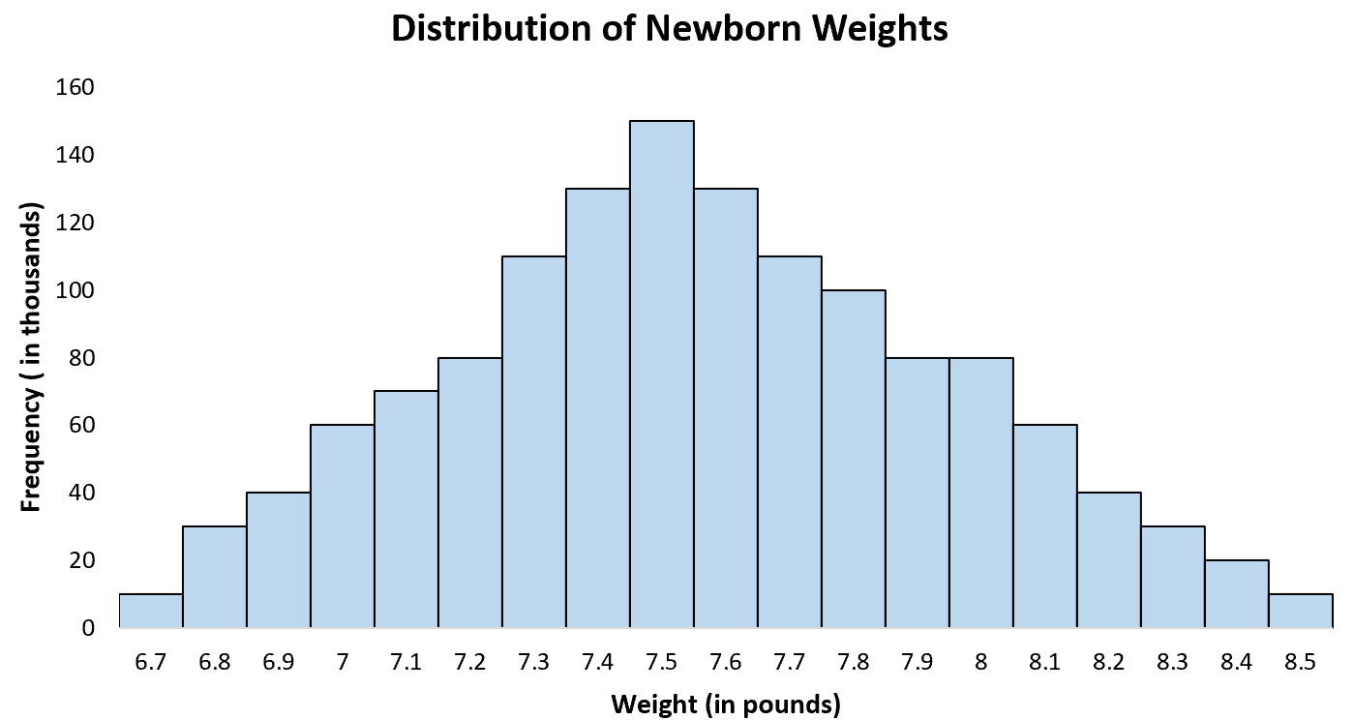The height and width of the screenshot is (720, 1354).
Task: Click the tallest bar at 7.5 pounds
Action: [662, 375]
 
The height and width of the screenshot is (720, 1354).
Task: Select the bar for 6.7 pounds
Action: [151, 611]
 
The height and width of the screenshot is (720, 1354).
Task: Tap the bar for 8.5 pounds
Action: [1300, 611]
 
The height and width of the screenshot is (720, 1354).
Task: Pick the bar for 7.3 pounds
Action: [534, 442]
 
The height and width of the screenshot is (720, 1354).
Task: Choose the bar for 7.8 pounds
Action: [854, 459]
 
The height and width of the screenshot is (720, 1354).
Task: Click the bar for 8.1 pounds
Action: [1045, 526]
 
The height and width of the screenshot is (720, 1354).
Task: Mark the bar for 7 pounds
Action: [343, 526]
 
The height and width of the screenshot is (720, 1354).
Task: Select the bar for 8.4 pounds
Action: [1236, 594]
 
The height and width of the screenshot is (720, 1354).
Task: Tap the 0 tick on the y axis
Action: [88, 628]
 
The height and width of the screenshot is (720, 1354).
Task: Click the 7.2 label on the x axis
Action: [469, 662]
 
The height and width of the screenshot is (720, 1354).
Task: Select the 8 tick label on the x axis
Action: [981, 662]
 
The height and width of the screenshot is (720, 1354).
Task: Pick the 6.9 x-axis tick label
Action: [279, 662]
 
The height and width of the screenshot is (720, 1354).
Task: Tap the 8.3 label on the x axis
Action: [1172, 662]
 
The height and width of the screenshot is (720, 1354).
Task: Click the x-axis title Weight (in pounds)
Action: [725, 704]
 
